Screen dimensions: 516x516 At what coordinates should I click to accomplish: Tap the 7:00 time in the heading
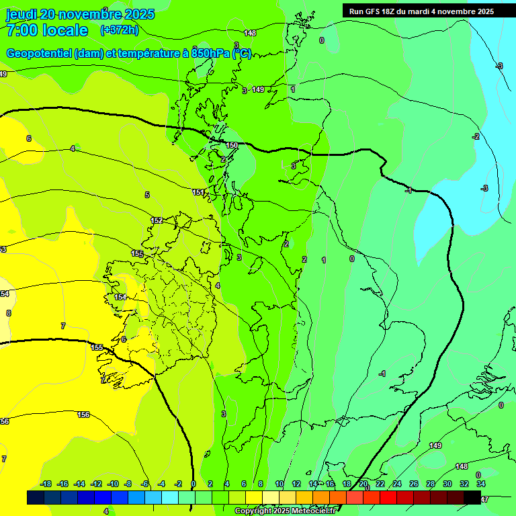[20, 30]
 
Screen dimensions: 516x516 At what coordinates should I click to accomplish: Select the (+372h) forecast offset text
[119, 30]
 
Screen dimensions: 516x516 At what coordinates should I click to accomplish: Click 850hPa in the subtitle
[211, 54]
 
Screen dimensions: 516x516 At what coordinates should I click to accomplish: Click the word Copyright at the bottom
[253, 511]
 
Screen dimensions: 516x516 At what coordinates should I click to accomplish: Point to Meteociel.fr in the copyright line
[313, 511]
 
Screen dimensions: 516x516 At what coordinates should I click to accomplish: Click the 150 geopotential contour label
[232, 145]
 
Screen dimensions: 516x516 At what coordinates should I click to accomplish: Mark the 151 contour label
[198, 192]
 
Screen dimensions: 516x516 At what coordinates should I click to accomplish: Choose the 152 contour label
[157, 220]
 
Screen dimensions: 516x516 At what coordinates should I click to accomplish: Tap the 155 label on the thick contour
[97, 347]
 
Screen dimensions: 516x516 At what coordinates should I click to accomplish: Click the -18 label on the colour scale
[46, 484]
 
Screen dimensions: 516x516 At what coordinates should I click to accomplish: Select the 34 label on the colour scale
[481, 484]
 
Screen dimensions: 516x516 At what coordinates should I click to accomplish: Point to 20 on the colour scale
[363, 484]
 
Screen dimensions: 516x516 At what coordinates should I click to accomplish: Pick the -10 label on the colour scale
[113, 484]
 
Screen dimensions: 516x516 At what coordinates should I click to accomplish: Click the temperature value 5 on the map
[147, 195]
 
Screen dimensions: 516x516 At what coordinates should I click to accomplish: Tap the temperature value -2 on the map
[476, 136]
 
